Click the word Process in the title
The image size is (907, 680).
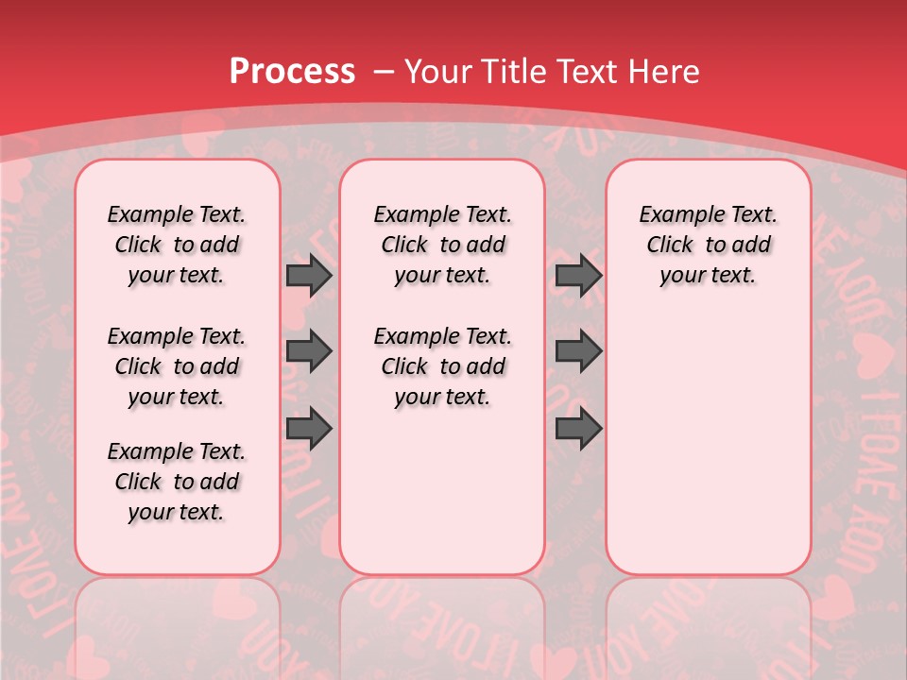tap(291, 72)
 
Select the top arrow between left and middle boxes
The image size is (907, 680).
tap(309, 275)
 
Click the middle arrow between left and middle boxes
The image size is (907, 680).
tap(309, 351)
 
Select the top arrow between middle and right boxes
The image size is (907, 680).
tap(578, 275)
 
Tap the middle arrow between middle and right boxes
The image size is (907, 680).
tap(578, 351)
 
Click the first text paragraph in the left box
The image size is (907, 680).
tap(177, 245)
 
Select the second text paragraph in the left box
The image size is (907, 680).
tap(177, 366)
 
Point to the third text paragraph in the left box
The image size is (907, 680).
tap(177, 482)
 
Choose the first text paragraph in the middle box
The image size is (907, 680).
tap(442, 245)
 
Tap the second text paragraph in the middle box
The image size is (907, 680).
tap(442, 366)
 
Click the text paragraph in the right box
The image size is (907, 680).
tap(708, 245)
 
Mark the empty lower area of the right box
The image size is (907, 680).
tap(708, 434)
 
